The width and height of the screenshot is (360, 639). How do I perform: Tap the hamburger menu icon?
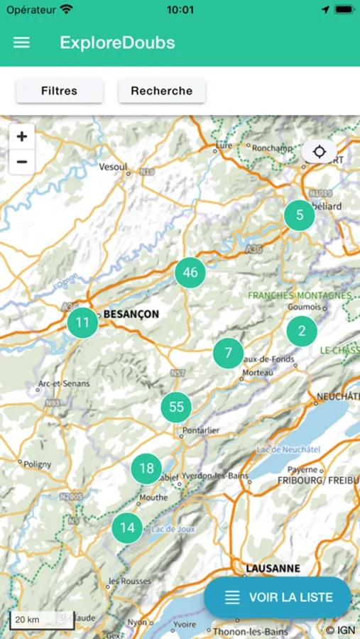(22, 43)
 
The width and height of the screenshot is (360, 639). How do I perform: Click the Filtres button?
(60, 91)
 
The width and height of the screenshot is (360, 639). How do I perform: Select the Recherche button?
(162, 91)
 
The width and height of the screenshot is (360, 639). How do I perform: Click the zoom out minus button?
(22, 163)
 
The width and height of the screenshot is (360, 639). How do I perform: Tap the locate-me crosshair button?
(320, 152)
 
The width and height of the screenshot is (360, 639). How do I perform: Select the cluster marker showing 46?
(190, 273)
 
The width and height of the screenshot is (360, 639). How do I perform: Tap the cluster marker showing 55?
(177, 407)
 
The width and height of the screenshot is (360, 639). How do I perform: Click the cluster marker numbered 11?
(83, 323)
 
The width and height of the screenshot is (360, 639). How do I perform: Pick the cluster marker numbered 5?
(300, 215)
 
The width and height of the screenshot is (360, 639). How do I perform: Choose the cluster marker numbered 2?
(302, 331)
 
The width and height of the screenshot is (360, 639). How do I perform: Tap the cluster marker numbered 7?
(228, 353)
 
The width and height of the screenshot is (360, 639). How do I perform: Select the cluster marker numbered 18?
(146, 469)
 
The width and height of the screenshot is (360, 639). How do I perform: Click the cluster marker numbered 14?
(127, 528)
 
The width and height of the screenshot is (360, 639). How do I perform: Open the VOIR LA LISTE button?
(278, 597)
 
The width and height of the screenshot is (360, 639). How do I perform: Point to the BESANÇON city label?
(131, 314)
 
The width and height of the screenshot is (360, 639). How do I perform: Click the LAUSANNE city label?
(273, 569)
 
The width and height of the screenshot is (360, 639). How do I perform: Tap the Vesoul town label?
(114, 167)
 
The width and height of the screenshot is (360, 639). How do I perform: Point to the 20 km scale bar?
(32, 620)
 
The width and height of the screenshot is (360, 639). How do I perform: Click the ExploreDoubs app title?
(117, 43)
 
